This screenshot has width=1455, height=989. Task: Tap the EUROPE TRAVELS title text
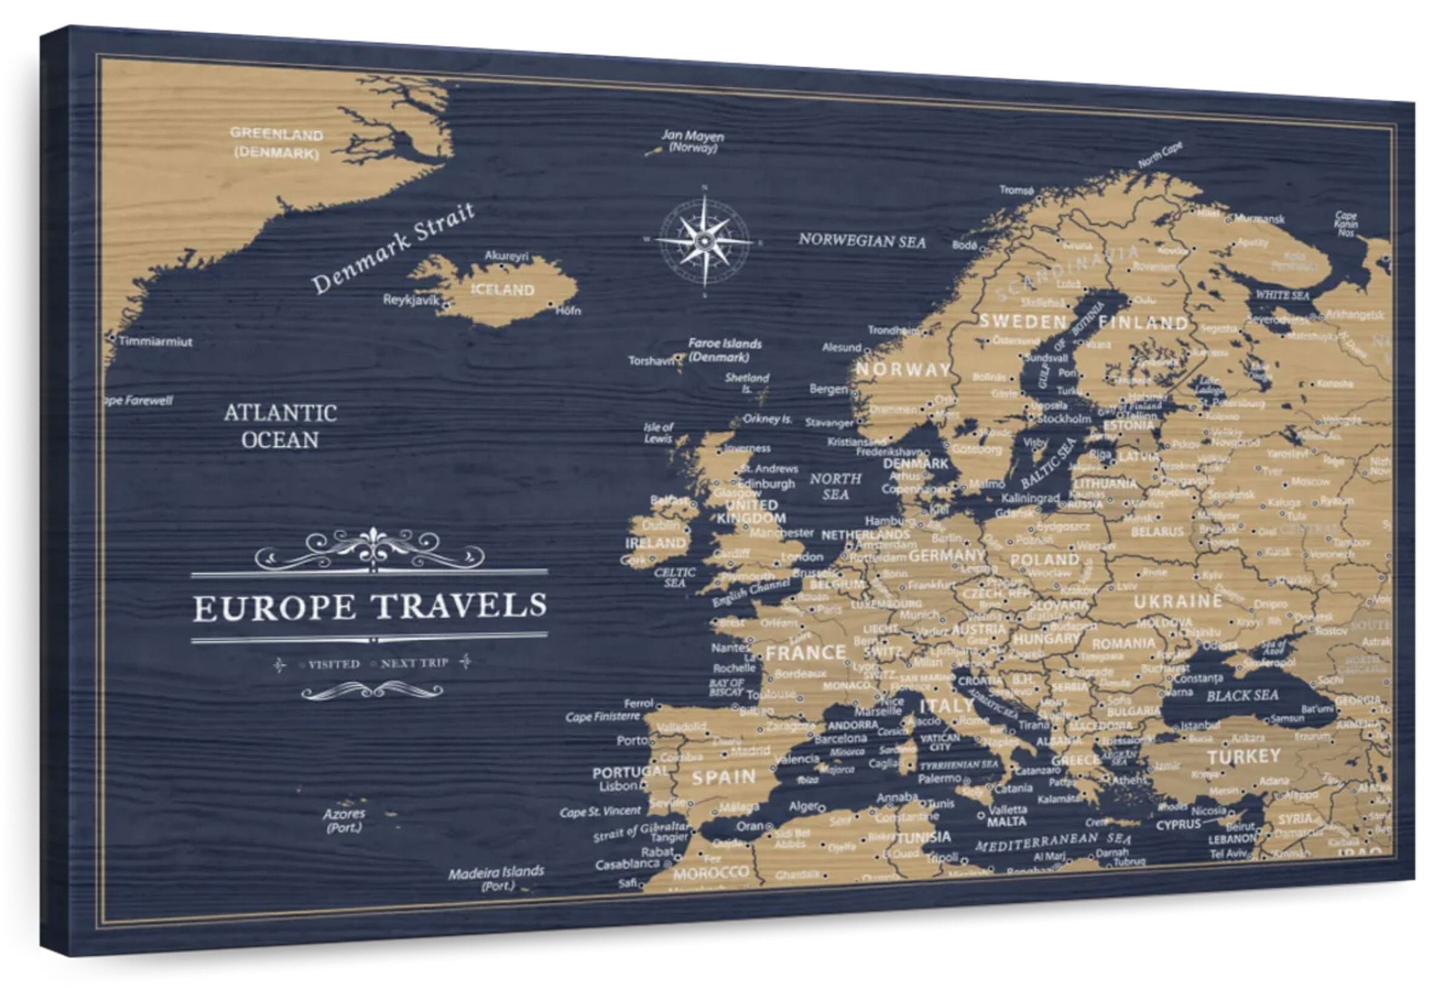(x=369, y=606)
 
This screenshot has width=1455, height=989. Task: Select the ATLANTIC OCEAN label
(x=280, y=426)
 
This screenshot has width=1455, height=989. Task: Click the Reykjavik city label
(x=411, y=300)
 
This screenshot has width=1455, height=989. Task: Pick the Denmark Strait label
(x=393, y=249)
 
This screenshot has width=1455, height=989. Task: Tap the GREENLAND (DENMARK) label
(x=276, y=143)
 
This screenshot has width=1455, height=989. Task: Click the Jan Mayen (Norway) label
(x=693, y=142)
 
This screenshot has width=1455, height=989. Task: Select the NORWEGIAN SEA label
(x=862, y=241)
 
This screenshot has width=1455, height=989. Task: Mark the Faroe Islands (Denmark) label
(x=724, y=350)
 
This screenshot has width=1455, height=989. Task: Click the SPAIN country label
(x=724, y=777)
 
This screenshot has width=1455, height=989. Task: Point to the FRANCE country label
(x=805, y=653)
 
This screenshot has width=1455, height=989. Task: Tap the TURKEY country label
(x=1243, y=756)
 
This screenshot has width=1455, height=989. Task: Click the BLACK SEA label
(x=1242, y=696)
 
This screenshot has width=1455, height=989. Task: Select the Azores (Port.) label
(x=344, y=820)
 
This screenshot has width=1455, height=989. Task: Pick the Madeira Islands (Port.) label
(x=496, y=878)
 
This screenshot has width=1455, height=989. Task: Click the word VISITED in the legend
(x=334, y=664)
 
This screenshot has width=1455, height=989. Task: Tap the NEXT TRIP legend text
(x=414, y=663)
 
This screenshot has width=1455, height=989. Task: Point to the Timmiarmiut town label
(x=156, y=342)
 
